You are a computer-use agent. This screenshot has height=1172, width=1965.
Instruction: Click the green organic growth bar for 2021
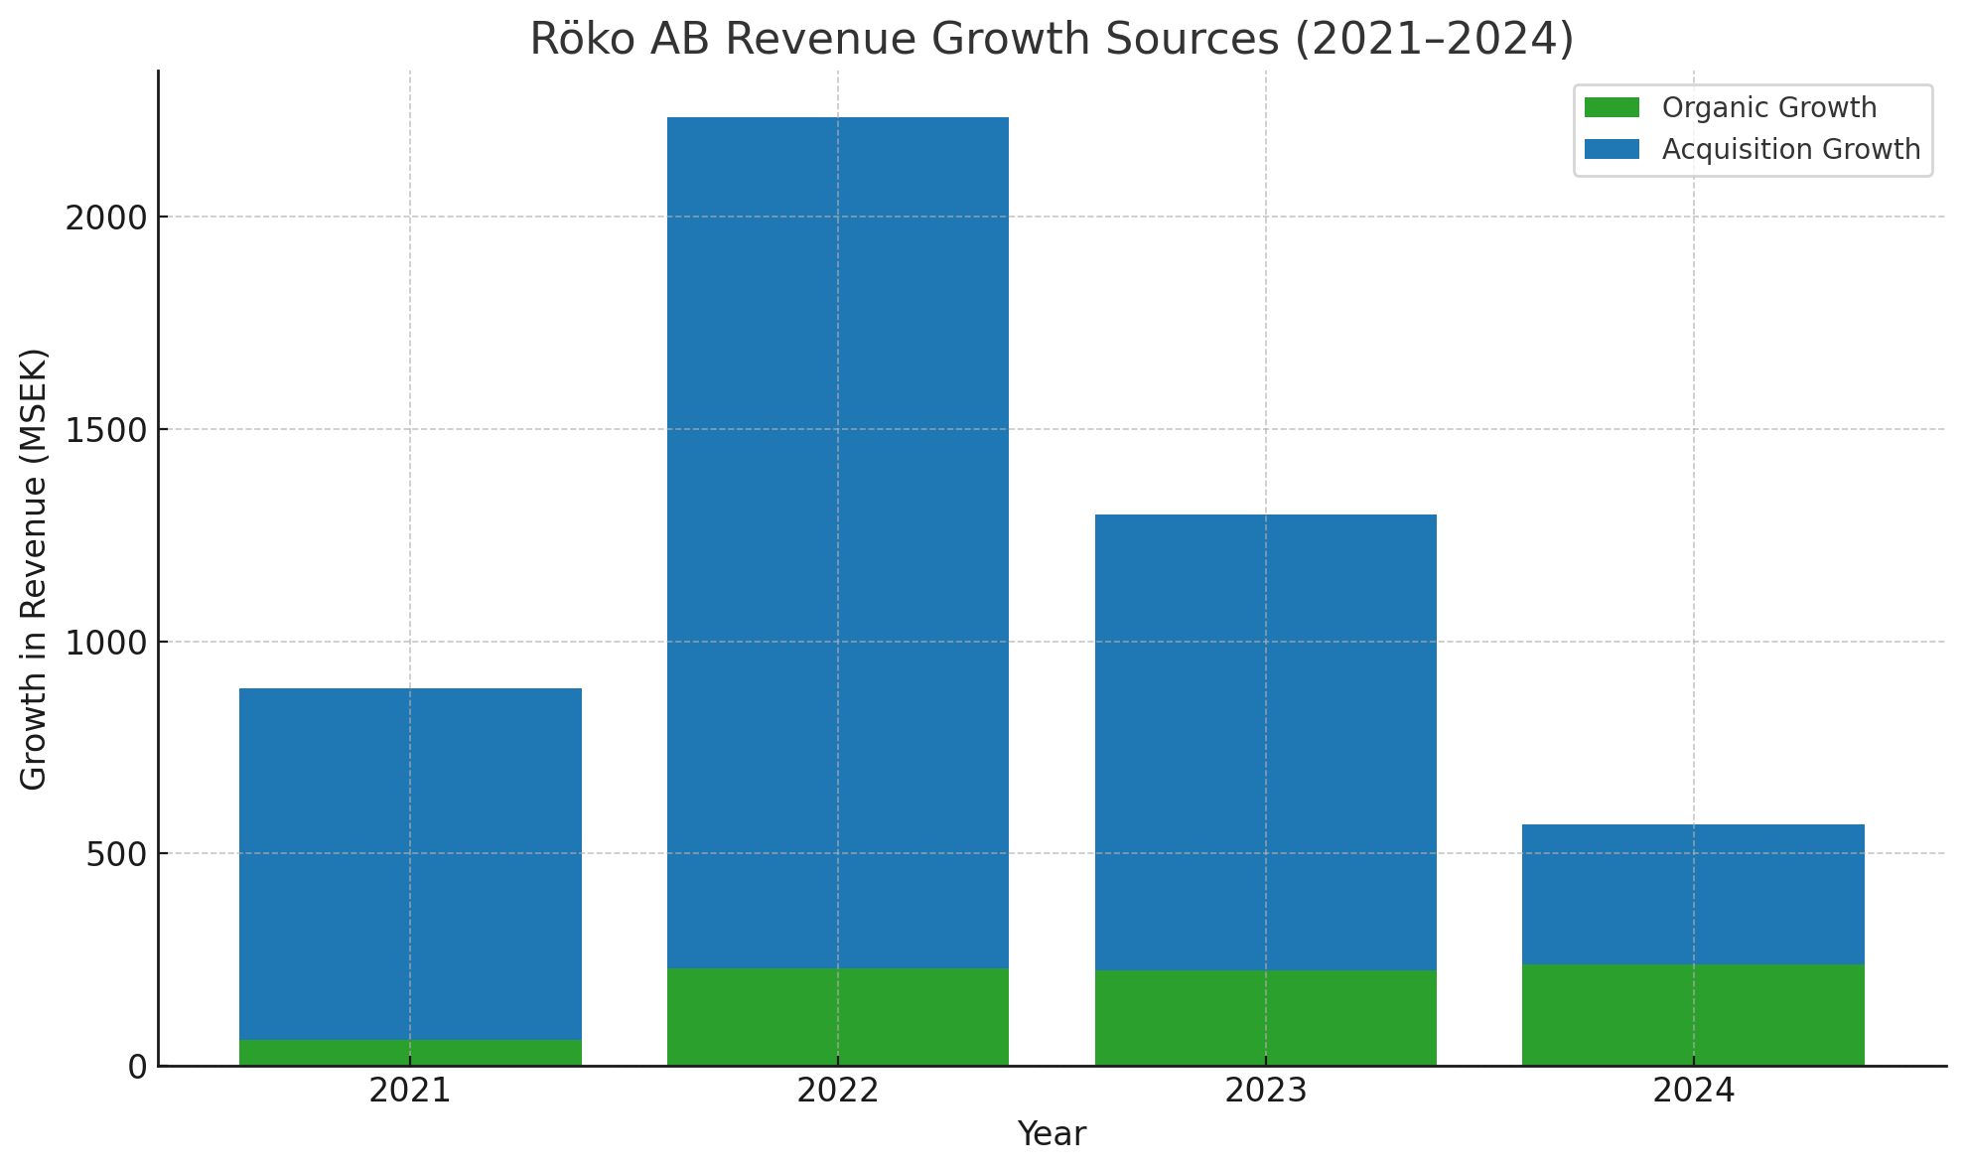tap(410, 1053)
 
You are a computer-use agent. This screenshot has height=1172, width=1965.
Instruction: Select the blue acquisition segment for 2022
tap(838, 542)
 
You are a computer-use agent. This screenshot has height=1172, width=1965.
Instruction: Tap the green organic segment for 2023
tap(1266, 1018)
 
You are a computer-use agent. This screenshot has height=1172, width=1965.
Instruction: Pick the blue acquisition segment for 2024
tap(1693, 894)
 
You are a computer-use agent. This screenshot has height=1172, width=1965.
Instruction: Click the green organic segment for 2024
tap(1693, 1015)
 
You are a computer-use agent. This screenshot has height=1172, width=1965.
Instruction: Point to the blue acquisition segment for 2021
tap(410, 864)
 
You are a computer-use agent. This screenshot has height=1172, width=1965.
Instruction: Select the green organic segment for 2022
tap(838, 1017)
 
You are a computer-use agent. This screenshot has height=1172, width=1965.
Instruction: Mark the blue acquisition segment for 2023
tap(1266, 742)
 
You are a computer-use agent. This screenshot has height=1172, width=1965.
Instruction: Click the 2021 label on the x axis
tap(410, 1092)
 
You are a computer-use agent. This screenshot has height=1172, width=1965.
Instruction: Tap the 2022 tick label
tap(838, 1092)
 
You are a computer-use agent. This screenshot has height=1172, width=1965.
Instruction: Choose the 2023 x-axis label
tap(1266, 1092)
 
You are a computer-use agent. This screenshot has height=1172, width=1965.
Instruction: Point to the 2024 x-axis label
tap(1693, 1092)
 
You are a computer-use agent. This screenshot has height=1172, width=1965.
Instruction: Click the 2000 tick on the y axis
tap(106, 218)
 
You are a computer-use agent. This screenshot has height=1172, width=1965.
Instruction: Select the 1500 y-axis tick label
tap(106, 430)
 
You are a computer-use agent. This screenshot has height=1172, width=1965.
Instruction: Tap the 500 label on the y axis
tap(117, 854)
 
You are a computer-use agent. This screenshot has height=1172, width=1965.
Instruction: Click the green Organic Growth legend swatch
tap(1612, 107)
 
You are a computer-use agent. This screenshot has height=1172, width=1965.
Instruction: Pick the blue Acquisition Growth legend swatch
tap(1612, 149)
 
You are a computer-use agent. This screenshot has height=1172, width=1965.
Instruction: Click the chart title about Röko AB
tap(1052, 39)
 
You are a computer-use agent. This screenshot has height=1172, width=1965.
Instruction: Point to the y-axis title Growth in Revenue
tap(34, 569)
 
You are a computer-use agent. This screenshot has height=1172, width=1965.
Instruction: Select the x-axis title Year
tap(1052, 1134)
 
